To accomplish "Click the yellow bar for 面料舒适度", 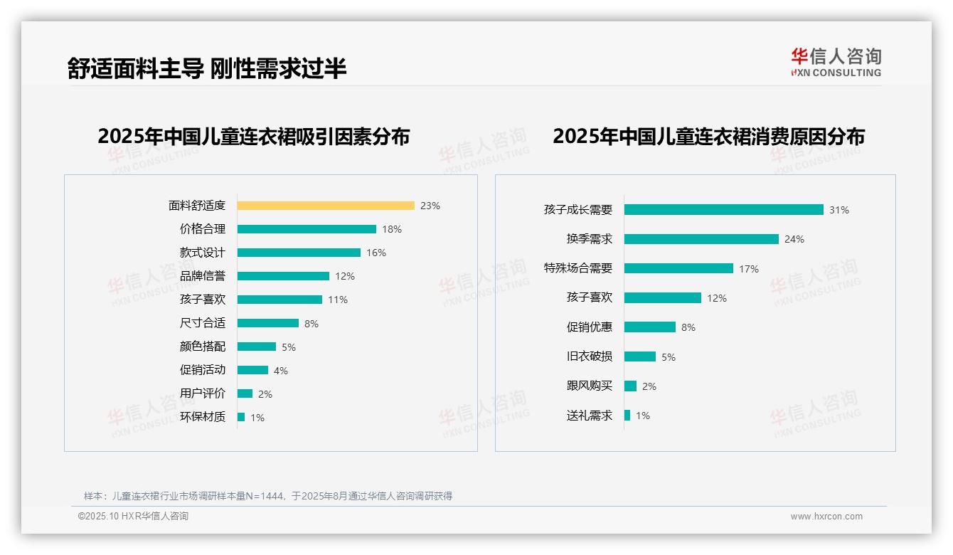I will pos(326,206).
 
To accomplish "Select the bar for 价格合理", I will pos(307,229).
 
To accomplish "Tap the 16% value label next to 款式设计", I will pos(376,253).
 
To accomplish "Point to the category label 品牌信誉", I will pos(203,276).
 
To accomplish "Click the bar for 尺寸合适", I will pos(268,323).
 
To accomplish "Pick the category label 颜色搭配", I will pos(203,347).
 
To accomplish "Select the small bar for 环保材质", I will pos(241,417).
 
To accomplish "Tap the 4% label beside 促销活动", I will pos(281,371).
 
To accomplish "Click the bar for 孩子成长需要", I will pos(724,210).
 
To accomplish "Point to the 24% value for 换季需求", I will pos(794,240).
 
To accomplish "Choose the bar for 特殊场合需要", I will pos(678,268).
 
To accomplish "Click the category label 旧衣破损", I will pos(590,356).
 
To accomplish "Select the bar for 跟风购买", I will pos(630,386).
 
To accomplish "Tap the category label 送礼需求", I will pos(590,416).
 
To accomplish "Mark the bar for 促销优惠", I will pos(650,327).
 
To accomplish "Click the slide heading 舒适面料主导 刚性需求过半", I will pos(207,68).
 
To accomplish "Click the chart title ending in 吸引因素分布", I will pos(254,137).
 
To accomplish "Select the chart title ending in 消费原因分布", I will pos(708,137).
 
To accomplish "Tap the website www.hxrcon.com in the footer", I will pos(826,517).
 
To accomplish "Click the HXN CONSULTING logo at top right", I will pos(836,63).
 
